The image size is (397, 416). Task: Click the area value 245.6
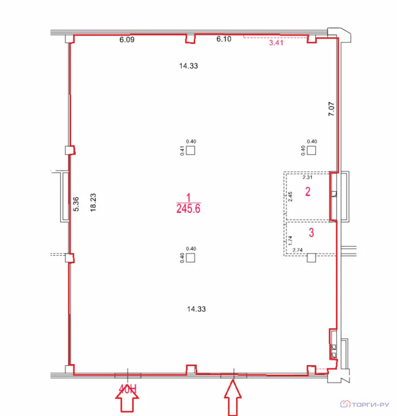point(188,209)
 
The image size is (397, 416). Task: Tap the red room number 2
point(308,191)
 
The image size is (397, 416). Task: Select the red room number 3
point(311,232)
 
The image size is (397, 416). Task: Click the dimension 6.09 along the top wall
point(127,40)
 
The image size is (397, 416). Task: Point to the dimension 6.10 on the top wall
point(224,39)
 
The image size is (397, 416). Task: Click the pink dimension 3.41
point(276,42)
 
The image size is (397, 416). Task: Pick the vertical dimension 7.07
point(331,109)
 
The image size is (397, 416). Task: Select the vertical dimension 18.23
point(93,203)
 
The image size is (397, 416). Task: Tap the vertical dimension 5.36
point(76,204)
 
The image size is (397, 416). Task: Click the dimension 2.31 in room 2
point(307,177)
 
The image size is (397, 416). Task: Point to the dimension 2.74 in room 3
point(297,250)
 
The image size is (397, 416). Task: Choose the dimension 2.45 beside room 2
point(290,197)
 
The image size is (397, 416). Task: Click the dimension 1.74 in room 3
point(290,240)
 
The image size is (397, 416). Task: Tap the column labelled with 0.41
point(191,151)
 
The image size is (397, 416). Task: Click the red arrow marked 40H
point(127,399)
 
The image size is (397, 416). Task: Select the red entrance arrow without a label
point(233,398)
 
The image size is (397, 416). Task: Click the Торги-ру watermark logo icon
point(346,404)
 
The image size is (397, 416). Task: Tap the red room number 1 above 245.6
point(188,197)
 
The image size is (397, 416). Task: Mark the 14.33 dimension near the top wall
point(188,66)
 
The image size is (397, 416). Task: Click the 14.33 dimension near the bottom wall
point(196,309)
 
